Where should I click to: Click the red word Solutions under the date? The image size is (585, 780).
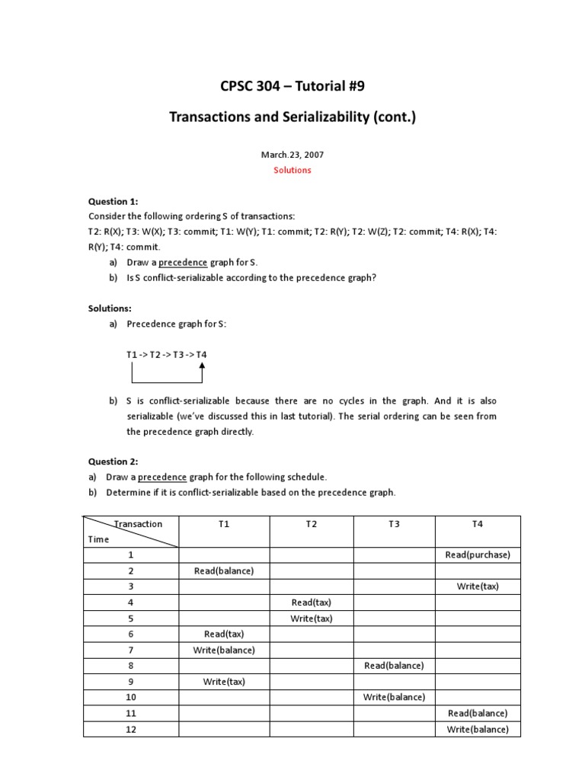pyautogui.click(x=292, y=170)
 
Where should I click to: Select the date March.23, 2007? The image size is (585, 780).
pyautogui.click(x=292, y=155)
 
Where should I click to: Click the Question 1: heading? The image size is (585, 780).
pyautogui.click(x=113, y=201)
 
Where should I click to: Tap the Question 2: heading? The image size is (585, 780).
pyautogui.click(x=113, y=462)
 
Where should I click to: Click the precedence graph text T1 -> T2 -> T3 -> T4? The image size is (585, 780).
pyautogui.click(x=166, y=355)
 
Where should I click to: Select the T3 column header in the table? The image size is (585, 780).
pyautogui.click(x=394, y=524)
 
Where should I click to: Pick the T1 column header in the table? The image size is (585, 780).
pyautogui.click(x=224, y=524)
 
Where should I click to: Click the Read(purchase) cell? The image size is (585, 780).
pyautogui.click(x=478, y=555)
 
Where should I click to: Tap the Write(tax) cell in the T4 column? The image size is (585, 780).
pyautogui.click(x=478, y=587)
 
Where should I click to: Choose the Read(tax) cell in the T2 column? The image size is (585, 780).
pyautogui.click(x=311, y=603)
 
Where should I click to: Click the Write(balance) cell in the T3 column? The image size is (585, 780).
pyautogui.click(x=394, y=697)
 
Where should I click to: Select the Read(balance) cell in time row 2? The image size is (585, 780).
pyautogui.click(x=224, y=571)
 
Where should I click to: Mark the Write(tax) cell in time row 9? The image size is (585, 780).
pyautogui.click(x=224, y=682)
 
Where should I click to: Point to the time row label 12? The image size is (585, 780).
pyautogui.click(x=131, y=729)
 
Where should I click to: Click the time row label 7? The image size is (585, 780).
pyautogui.click(x=131, y=650)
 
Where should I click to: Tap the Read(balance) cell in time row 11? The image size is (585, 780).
pyautogui.click(x=478, y=713)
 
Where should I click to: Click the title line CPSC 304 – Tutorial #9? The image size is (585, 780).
pyautogui.click(x=292, y=86)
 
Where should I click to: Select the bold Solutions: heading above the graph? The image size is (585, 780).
pyautogui.click(x=110, y=308)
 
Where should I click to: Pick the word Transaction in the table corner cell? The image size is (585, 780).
pyautogui.click(x=138, y=524)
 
